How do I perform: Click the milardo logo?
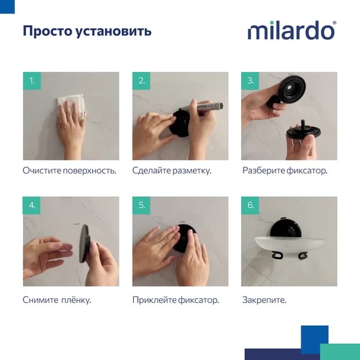292,31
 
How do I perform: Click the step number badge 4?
32,206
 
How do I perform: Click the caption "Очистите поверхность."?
69,170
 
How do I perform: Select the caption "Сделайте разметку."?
172,170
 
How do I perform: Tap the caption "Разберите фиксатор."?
285,170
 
